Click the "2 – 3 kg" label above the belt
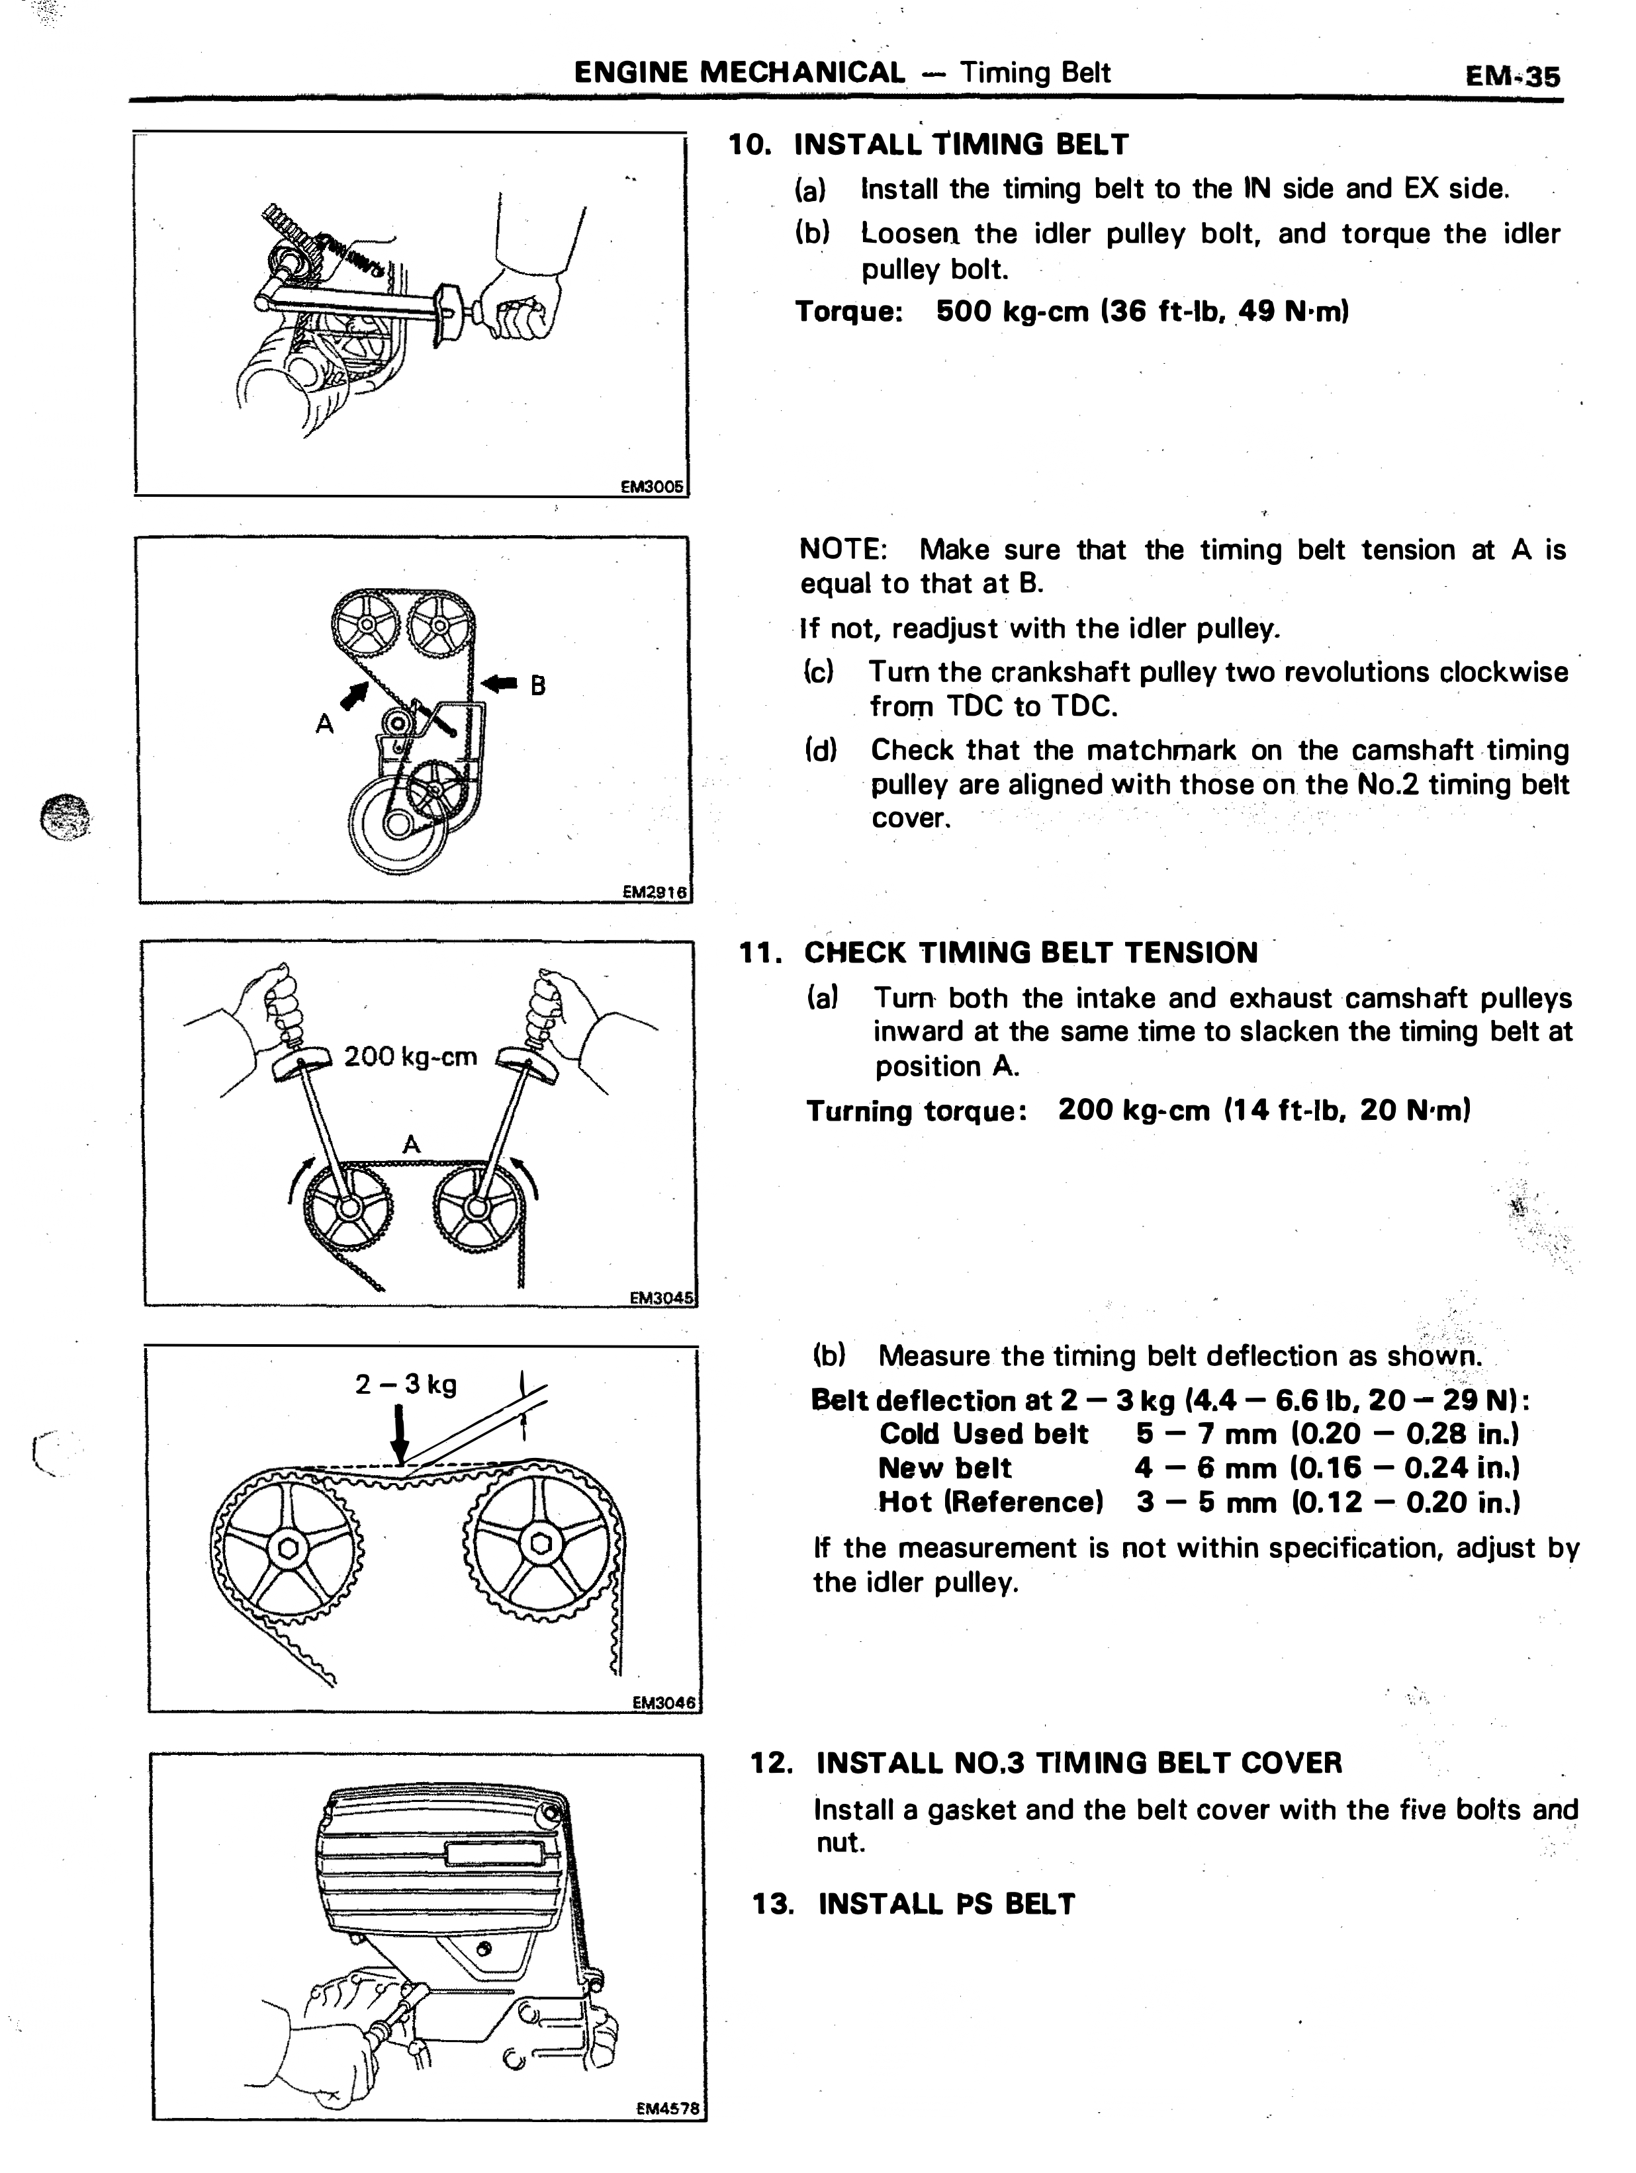tap(406, 1384)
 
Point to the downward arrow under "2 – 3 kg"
tap(399, 1434)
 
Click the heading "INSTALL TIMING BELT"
tap(961, 144)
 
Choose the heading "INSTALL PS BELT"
tap(946, 1904)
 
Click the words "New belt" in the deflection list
tap(944, 1468)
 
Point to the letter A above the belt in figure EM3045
tap(412, 1144)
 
